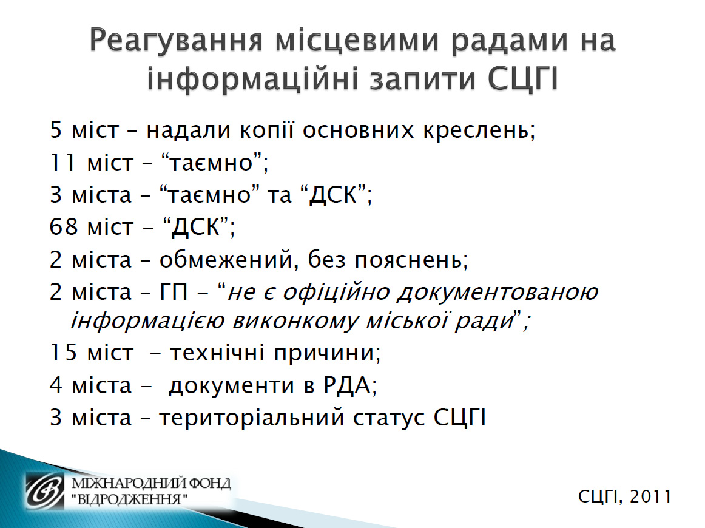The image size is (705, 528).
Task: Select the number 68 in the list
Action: coord(63,226)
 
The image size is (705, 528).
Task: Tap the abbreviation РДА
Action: coord(346,385)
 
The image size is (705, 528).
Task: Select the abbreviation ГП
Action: coord(174,293)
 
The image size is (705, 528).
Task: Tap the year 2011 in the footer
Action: coord(650,496)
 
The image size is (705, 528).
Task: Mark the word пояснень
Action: coord(409,260)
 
